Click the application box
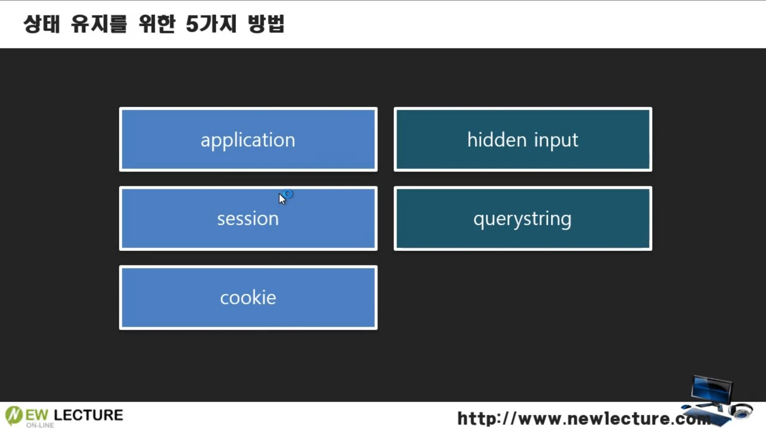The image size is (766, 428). tap(248, 140)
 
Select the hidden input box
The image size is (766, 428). tap(523, 140)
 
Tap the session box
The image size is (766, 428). tap(248, 219)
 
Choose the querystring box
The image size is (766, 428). tap(523, 219)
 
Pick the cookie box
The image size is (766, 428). tap(248, 298)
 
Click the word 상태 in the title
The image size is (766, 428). tap(41, 25)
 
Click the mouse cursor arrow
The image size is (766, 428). tap(282, 198)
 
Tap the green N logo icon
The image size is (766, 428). tap(14, 415)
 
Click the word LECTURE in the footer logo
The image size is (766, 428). tap(89, 414)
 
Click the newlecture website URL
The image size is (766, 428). tap(583, 419)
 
